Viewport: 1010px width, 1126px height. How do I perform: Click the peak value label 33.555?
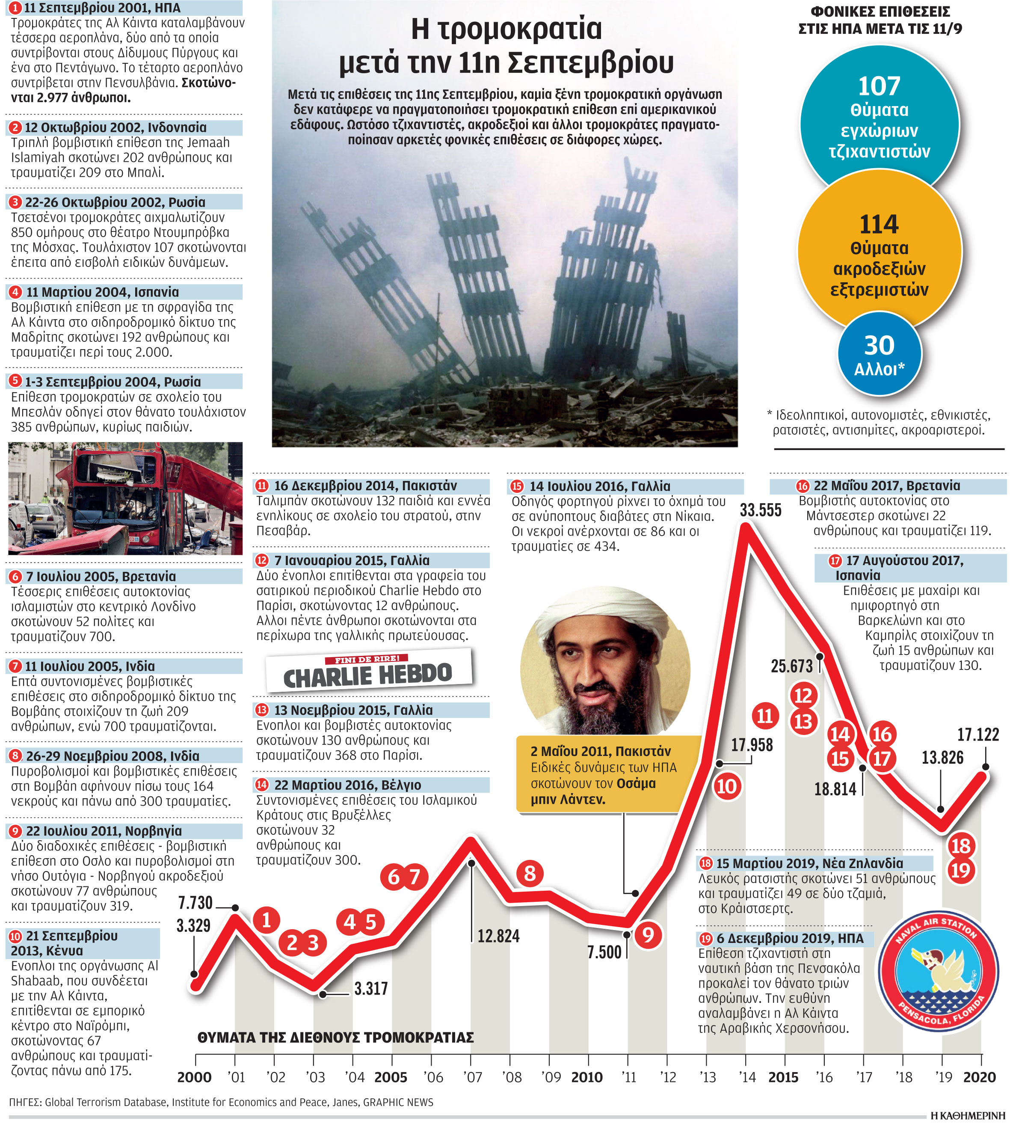click(760, 510)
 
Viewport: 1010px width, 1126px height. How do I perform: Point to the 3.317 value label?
click(371, 988)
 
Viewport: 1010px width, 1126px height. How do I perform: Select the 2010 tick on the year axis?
click(586, 1077)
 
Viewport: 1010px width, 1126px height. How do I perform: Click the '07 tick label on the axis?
click(472, 1077)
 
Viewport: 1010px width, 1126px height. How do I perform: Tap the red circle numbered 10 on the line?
click(726, 787)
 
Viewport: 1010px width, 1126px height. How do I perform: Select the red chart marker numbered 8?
click(530, 873)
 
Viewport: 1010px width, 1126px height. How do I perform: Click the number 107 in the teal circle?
click(879, 86)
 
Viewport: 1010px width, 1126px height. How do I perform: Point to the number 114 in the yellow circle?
click(879, 225)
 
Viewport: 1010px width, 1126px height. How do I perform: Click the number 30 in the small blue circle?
click(879, 346)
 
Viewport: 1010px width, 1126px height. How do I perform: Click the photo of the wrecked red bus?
click(125, 498)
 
